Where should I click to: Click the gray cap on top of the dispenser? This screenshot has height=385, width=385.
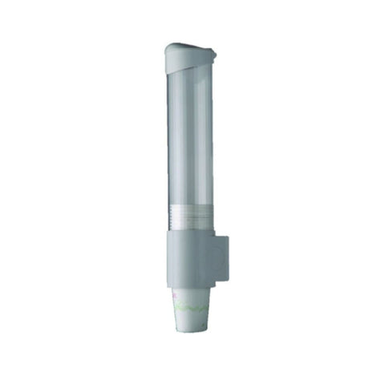point(192,54)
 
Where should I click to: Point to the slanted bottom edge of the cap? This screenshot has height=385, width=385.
point(192,66)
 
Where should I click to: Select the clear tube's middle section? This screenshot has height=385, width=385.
point(192,144)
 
